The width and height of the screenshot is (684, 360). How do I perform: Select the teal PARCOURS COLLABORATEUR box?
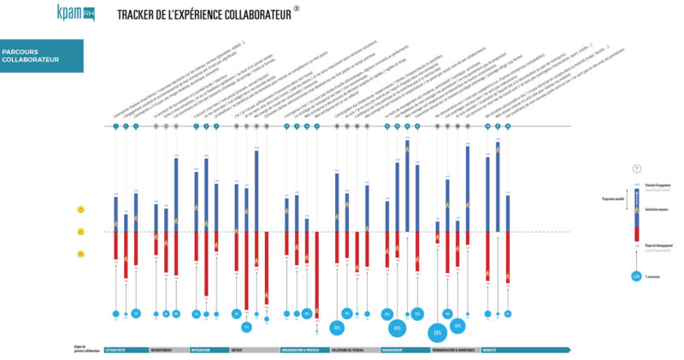41,56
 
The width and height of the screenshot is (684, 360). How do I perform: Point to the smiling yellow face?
80,210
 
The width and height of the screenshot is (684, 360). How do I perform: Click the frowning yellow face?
80,254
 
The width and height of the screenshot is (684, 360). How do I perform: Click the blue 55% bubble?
438,332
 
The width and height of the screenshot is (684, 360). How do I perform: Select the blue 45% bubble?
397,328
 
